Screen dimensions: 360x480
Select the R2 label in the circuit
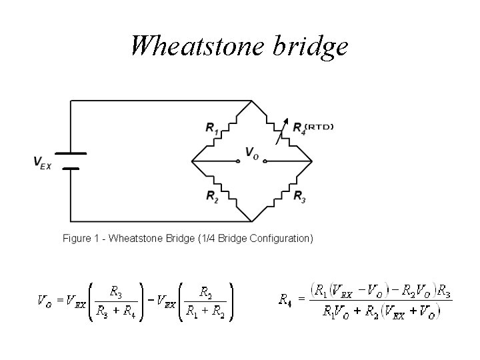point(212,196)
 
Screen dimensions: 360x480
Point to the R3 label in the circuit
point(300,196)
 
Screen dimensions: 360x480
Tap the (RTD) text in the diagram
point(320,125)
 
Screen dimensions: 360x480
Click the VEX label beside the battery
point(42,162)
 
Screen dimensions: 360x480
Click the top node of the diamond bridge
point(252,101)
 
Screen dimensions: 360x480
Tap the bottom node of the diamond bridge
point(252,221)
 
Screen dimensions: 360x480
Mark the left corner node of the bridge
point(192,161)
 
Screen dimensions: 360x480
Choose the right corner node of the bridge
point(312,161)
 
